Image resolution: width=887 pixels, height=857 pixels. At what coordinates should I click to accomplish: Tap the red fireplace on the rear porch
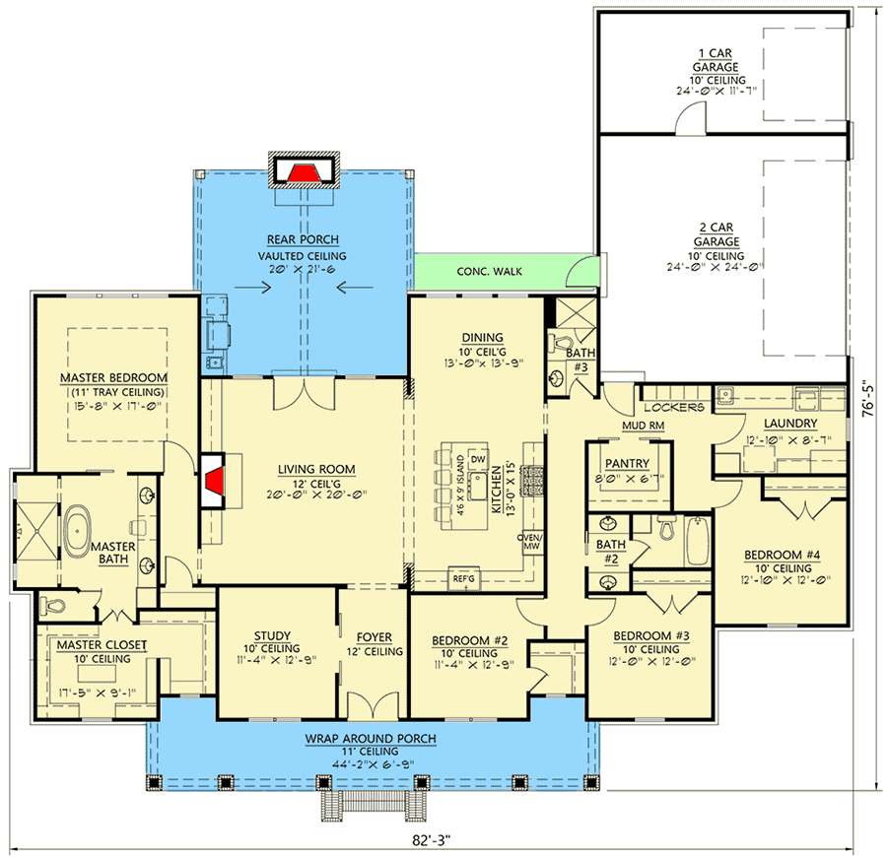(304, 173)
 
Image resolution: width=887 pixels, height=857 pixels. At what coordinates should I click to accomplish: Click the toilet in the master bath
(53, 607)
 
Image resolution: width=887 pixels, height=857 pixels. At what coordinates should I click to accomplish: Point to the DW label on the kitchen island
(478, 459)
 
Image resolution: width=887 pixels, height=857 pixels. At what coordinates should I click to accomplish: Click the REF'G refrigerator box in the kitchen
(464, 579)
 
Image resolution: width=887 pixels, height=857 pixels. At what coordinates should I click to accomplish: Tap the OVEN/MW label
(530, 542)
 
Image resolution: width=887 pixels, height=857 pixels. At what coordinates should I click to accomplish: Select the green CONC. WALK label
(489, 271)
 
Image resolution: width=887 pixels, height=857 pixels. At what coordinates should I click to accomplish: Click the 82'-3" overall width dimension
(431, 840)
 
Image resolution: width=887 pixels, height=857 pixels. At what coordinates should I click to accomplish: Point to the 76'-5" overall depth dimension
(868, 401)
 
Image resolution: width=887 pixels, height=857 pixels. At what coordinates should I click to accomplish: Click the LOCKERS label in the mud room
(674, 407)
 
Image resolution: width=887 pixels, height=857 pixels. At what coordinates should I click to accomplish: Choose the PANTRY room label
(628, 464)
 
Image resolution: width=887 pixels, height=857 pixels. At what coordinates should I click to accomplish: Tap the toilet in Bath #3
(560, 343)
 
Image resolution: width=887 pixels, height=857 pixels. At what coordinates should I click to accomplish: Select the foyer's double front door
(374, 706)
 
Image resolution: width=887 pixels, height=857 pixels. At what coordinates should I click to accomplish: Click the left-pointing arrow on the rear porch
(355, 288)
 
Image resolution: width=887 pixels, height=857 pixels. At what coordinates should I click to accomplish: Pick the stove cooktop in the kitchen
(532, 481)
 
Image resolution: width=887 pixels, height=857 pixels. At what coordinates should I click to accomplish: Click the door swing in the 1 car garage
(691, 119)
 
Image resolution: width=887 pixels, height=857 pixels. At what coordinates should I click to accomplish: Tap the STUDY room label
(272, 636)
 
